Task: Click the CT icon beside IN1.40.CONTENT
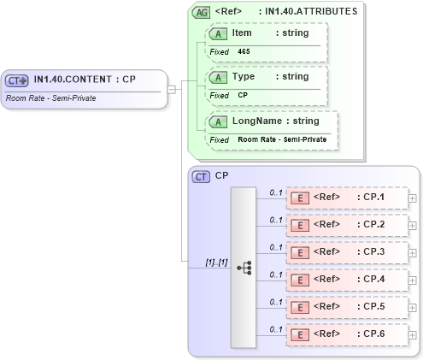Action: click(17, 80)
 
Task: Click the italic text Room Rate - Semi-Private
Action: click(50, 98)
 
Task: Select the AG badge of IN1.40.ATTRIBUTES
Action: click(202, 12)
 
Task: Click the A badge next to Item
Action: click(218, 32)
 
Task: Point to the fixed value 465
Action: click(244, 52)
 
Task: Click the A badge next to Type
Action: click(218, 77)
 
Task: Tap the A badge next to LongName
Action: click(218, 121)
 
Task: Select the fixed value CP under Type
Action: click(243, 96)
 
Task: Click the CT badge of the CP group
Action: click(202, 176)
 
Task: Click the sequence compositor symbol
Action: click(244, 267)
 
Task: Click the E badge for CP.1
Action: click(301, 198)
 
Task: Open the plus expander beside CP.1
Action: click(413, 198)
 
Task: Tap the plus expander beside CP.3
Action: click(413, 252)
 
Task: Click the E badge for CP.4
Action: click(301, 280)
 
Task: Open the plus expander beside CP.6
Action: click(413, 334)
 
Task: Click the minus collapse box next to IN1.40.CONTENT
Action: click(172, 87)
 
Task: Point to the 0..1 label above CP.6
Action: click(275, 329)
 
